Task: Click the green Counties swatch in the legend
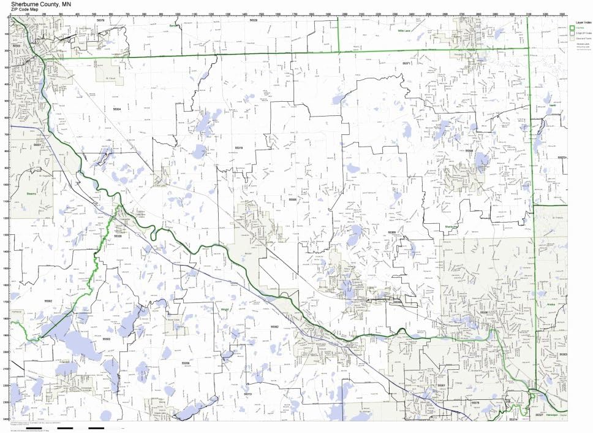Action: coord(572,28)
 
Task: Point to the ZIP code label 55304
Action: coord(117,109)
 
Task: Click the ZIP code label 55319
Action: coord(239,148)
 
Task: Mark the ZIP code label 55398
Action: coord(469,150)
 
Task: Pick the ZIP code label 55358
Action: coord(186,363)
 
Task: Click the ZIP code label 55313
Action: coord(247,394)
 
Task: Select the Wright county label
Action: coord(225,310)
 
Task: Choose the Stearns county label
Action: coord(32,193)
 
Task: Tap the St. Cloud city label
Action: coord(110,79)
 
